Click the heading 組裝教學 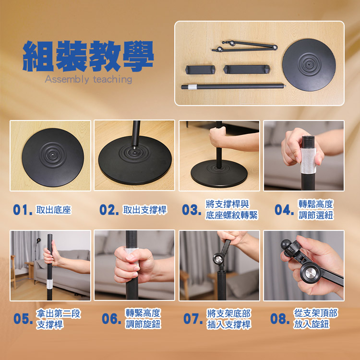click(88, 56)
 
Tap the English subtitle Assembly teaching click(88, 79)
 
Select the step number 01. click(23, 210)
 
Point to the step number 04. click(284, 210)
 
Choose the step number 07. click(193, 319)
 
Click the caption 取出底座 click(53, 210)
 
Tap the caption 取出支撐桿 click(144, 210)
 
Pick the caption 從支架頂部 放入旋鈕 click(315, 319)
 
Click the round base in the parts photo click(309, 65)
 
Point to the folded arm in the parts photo click(244, 46)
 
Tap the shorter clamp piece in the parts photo click(200, 70)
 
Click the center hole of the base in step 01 click(53, 155)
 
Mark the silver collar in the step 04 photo click(308, 160)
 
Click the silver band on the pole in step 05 click(49, 284)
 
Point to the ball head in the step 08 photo click(286, 244)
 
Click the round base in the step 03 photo click(219, 173)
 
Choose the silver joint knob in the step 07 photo click(217, 259)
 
